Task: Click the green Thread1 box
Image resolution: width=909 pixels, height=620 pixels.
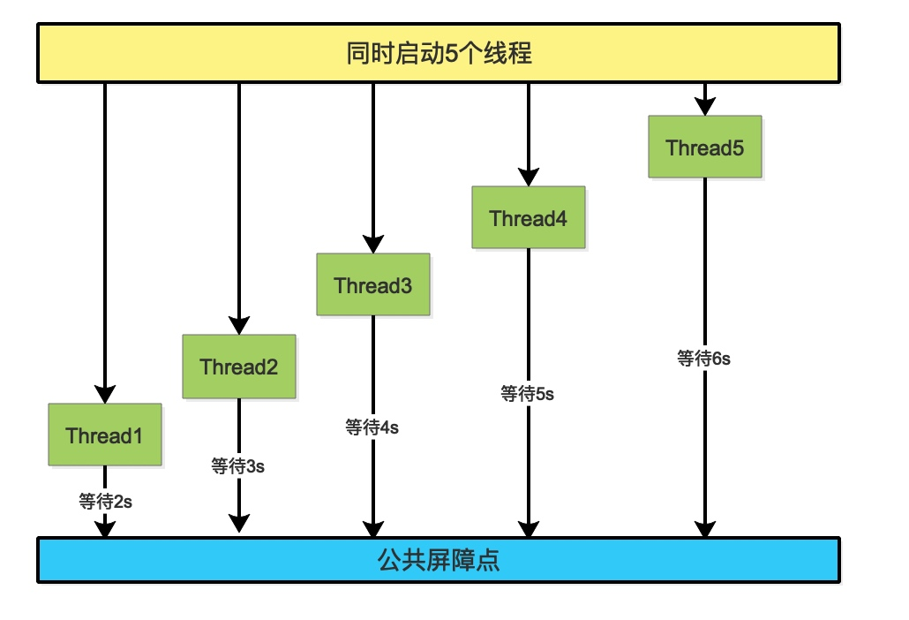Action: [x=105, y=435]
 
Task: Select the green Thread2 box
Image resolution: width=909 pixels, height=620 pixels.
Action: [x=239, y=367]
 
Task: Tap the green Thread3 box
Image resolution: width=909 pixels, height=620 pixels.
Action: [x=373, y=285]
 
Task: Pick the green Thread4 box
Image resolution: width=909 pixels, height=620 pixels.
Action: [x=529, y=217]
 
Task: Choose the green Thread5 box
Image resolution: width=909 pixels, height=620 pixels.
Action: [x=704, y=147]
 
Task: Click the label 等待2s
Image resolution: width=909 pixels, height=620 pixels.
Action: [x=106, y=502]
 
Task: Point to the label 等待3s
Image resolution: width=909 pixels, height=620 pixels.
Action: [x=238, y=466]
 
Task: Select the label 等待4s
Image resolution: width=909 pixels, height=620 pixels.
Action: [x=372, y=427]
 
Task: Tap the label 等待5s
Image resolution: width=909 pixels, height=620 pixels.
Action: [x=528, y=394]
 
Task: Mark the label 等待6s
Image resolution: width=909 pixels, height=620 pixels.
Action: [x=704, y=358]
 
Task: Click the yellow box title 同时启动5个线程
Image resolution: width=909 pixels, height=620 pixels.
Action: [x=439, y=53]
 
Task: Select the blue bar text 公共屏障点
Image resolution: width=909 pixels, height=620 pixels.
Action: [x=439, y=560]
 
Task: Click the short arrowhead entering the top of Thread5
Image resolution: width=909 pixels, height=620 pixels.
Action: [x=704, y=106]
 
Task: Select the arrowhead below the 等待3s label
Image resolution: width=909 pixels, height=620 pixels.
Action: [x=238, y=523]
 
